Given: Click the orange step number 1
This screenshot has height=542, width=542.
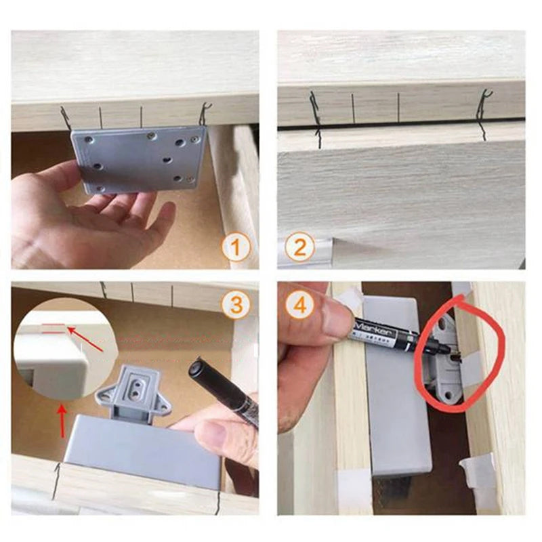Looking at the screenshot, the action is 236,247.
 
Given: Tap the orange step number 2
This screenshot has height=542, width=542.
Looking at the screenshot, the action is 299,247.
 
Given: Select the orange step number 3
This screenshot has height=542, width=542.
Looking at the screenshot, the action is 236,304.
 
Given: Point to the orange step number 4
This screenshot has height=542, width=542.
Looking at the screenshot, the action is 299,304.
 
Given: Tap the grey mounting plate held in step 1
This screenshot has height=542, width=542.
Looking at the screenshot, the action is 139,160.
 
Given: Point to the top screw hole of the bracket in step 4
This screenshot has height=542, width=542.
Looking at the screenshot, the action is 443,325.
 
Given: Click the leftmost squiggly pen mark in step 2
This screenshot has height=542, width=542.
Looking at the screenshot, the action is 316,119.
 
